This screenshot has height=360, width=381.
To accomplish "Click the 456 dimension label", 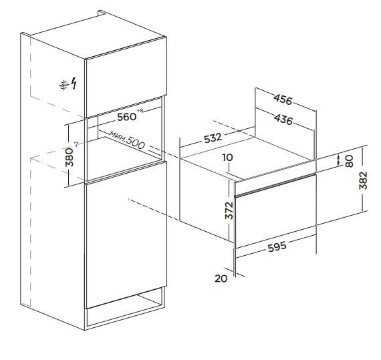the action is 283,100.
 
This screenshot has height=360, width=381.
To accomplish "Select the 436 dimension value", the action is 283,120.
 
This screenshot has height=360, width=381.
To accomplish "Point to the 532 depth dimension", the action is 213,138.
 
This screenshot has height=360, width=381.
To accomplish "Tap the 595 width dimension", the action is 277,246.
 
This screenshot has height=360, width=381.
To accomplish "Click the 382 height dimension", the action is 364,180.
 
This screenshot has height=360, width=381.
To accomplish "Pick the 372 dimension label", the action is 229,210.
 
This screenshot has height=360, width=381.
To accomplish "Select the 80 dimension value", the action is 349,161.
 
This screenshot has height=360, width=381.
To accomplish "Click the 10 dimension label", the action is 227,158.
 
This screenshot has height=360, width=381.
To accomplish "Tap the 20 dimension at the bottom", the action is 221,279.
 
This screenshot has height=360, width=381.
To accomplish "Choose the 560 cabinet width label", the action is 126,117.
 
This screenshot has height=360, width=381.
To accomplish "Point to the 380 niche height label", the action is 70,157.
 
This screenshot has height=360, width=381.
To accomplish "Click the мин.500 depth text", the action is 127,140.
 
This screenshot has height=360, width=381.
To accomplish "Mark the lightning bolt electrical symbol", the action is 74,83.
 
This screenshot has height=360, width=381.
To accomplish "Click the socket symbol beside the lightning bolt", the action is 64,85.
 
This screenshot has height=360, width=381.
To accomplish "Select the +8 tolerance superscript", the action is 140,111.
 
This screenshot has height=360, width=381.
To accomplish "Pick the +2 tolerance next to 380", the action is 77,144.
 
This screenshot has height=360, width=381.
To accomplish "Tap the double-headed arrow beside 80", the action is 339,160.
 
